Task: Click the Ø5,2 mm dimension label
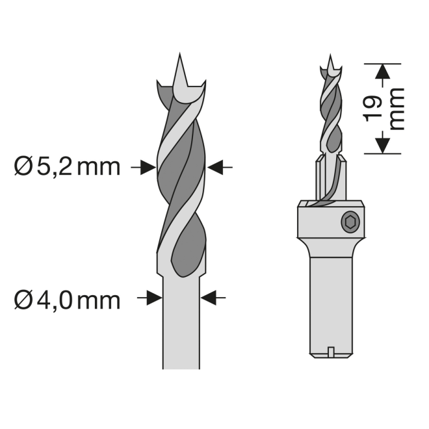pyautogui.click(x=68, y=167)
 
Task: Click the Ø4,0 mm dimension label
pyautogui.click(x=68, y=301)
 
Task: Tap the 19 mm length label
pyautogui.click(x=383, y=109)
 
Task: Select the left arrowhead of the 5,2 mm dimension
pyautogui.click(x=148, y=167)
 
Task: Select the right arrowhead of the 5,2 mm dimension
pyautogui.click(x=214, y=167)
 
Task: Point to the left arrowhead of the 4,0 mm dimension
pyautogui.click(x=155, y=298)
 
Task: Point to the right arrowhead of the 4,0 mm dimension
pyautogui.click(x=209, y=298)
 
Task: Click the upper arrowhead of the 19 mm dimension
pyautogui.click(x=382, y=72)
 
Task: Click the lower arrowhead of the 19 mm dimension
pyautogui.click(x=382, y=146)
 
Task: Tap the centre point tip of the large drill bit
pyautogui.click(x=180, y=53)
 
